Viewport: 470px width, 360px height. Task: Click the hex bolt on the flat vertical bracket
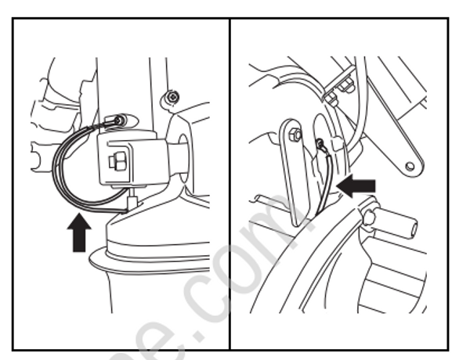[294, 135]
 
